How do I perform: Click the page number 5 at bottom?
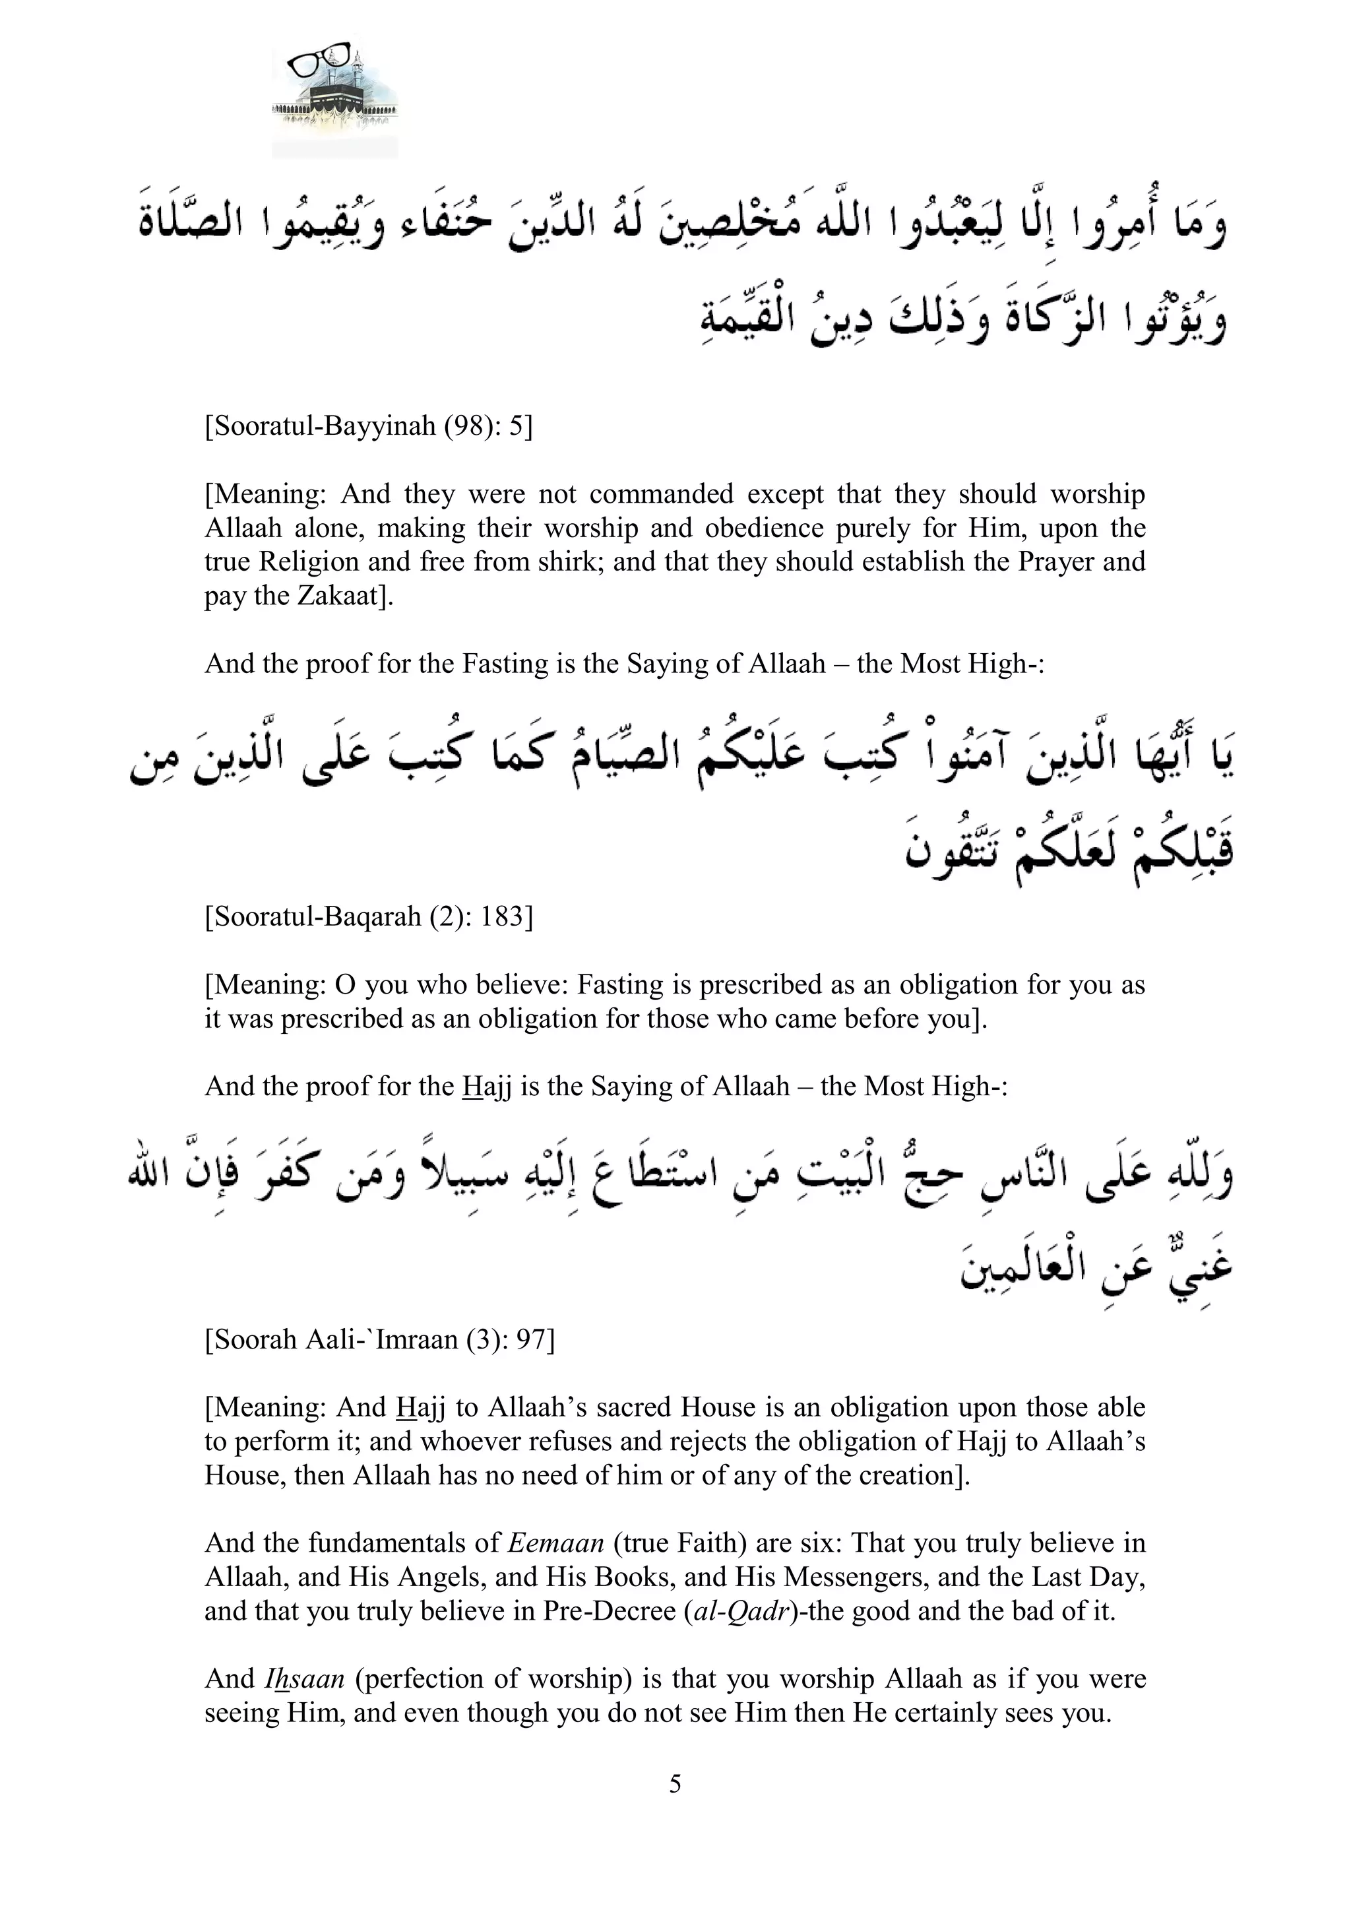675,1783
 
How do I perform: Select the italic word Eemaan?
555,1543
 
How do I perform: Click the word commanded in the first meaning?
662,493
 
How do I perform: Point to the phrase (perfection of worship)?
490,1678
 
